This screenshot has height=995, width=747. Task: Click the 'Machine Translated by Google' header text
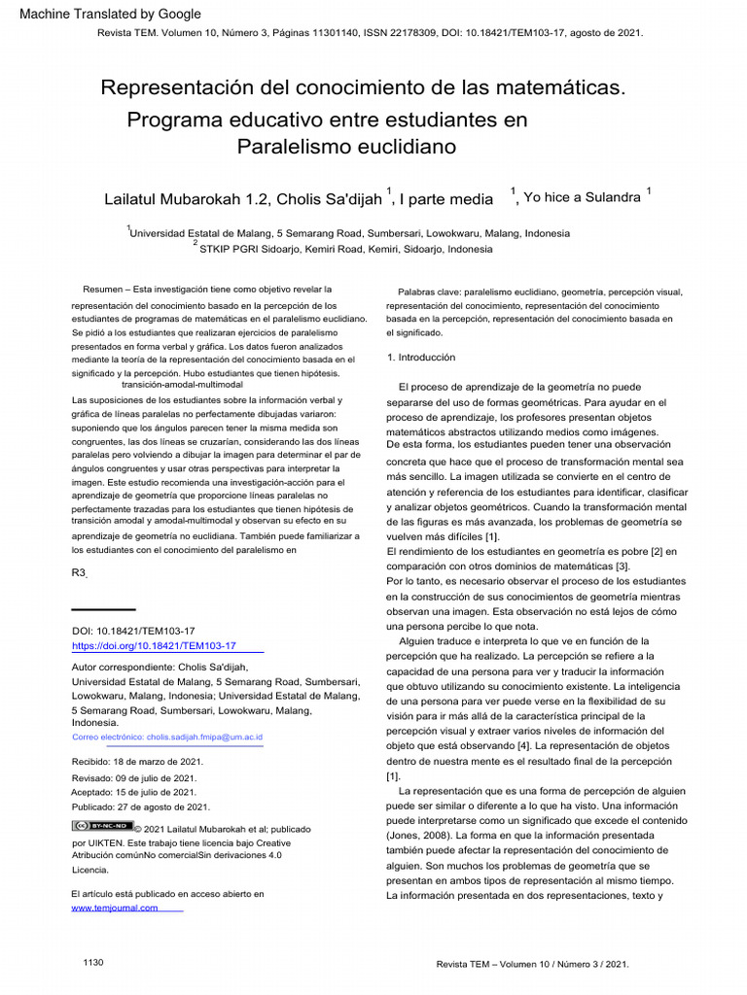point(110,14)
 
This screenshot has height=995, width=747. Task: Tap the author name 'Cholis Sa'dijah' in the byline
point(329,199)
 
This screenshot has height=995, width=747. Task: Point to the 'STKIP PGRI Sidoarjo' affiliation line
point(345,249)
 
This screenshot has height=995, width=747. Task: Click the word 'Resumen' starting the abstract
point(103,290)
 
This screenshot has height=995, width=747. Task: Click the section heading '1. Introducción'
point(420,358)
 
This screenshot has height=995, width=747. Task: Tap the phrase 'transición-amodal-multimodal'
point(182,386)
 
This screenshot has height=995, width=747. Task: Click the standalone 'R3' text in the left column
point(80,573)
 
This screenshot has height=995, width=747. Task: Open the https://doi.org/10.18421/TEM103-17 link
point(154,645)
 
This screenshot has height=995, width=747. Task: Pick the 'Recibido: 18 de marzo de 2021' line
point(134,762)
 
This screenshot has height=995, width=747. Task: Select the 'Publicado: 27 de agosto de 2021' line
point(140,806)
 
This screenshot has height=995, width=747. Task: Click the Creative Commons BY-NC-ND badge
point(101,826)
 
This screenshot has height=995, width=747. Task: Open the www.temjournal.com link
point(115,908)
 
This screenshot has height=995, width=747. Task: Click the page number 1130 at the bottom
point(93,962)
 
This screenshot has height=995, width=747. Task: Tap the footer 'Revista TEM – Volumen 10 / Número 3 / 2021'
point(532,964)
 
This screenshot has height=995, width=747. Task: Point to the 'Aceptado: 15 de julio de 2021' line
point(133,792)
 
